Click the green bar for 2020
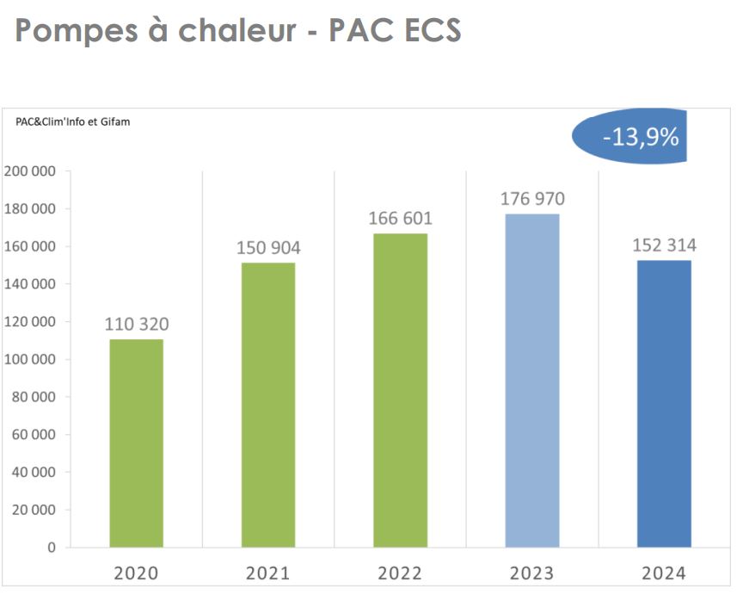(x=137, y=443)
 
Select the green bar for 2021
(x=268, y=405)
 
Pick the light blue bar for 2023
(x=532, y=380)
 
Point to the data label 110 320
(x=137, y=325)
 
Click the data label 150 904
(x=268, y=249)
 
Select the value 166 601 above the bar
(x=400, y=219)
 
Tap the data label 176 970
(x=532, y=199)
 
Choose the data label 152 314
(x=664, y=245)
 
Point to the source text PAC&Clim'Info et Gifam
(x=73, y=122)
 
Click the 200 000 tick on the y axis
(x=30, y=171)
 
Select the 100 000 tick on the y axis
(x=30, y=359)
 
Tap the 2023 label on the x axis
(x=532, y=573)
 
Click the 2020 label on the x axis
(x=137, y=573)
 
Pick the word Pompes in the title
(x=71, y=31)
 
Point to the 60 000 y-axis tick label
(x=34, y=434)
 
